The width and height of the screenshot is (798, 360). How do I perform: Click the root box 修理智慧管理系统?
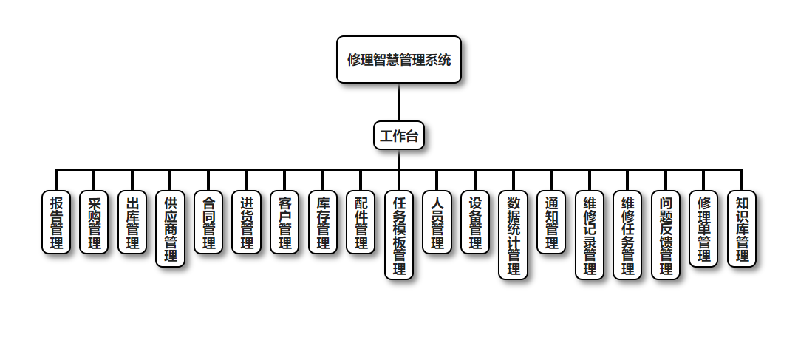coord(399,60)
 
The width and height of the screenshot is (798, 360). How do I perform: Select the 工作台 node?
coord(399,135)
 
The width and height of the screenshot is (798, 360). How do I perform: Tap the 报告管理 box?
coord(56,223)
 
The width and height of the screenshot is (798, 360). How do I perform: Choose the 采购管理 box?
coord(95,223)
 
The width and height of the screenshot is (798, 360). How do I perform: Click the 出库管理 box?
coord(132,223)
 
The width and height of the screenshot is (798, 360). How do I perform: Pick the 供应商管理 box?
coord(171,228)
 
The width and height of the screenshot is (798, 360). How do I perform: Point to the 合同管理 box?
coord(208,223)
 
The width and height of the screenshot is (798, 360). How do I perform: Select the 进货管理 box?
coord(247,223)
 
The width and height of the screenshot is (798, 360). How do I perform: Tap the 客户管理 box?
coord(284,223)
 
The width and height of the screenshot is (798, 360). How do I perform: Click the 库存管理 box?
coord(323,223)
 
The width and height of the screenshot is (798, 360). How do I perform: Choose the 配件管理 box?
coord(361,223)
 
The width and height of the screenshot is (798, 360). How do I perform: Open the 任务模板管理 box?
coord(399,235)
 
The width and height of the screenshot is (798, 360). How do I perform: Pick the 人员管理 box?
coord(437,223)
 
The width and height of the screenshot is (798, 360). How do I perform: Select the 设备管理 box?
coord(475,223)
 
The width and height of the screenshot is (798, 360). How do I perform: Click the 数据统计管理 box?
coord(514,235)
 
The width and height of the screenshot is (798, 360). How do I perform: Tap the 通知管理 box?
coord(551,223)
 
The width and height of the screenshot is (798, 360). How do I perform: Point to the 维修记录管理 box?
coord(590,235)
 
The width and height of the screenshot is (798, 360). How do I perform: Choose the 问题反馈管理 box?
coord(666,235)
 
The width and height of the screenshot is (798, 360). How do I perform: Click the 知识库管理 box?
coord(742,228)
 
